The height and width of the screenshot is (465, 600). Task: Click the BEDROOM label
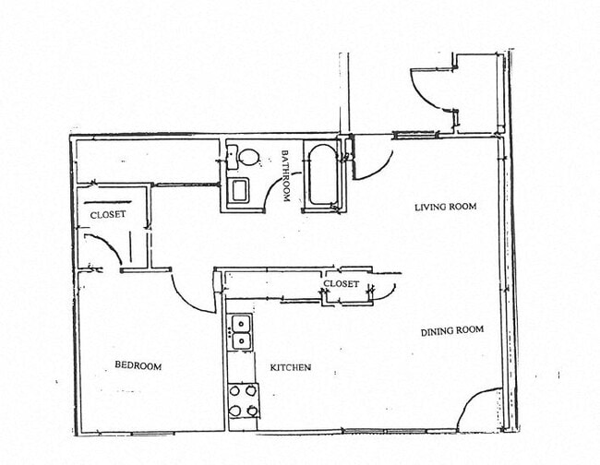click(x=138, y=366)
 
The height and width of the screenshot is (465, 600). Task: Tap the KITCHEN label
click(x=290, y=367)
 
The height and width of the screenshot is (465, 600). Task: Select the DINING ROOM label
click(x=452, y=331)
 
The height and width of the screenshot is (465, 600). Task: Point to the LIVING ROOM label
click(x=445, y=207)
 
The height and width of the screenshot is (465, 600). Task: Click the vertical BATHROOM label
click(x=286, y=175)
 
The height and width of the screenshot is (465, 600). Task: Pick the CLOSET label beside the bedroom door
click(x=107, y=215)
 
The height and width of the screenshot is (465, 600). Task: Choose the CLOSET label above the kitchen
click(x=341, y=284)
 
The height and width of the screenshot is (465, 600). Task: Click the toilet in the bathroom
click(x=244, y=157)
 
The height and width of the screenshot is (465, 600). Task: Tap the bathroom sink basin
click(x=238, y=190)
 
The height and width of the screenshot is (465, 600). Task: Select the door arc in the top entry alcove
click(x=426, y=87)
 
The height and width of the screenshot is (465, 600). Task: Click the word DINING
click(x=437, y=331)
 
